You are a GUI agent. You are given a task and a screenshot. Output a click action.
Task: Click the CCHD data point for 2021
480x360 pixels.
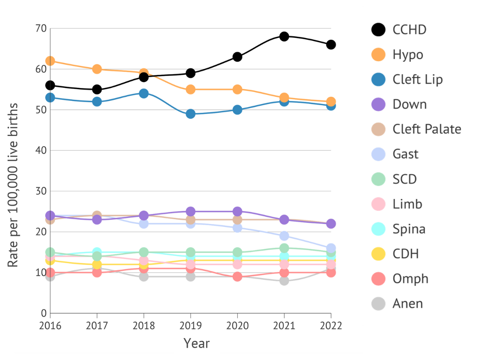coord(284,36)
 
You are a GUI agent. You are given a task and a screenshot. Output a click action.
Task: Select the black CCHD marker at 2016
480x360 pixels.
coord(50,85)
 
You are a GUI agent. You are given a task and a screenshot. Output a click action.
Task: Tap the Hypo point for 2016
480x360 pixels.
coord(50,61)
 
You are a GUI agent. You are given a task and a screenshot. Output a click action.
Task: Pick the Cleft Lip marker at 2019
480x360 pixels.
coord(190,114)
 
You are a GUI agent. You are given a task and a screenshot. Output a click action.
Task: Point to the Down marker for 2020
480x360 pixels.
coord(237,211)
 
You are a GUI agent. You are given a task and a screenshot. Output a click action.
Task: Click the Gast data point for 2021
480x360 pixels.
coord(284,236)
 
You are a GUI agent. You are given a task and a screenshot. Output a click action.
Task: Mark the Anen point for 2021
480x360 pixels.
coord(284,280)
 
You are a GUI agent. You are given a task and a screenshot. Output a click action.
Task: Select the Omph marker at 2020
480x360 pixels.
coord(237,276)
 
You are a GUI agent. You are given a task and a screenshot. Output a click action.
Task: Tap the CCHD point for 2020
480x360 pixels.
coord(237,57)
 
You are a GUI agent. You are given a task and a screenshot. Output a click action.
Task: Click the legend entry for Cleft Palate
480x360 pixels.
coord(426,129)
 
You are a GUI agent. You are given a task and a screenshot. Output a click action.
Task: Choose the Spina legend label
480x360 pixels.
coord(409,229)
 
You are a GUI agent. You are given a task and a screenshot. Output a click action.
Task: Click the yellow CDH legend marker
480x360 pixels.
coord(378,254)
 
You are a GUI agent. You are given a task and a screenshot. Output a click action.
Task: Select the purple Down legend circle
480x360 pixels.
coord(378,104)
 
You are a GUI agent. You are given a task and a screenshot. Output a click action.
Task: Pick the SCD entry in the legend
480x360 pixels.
coord(404,179)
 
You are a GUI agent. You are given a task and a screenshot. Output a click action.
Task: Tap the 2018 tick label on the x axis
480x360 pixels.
coord(144,326)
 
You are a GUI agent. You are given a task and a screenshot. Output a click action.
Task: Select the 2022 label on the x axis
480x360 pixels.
coord(331,326)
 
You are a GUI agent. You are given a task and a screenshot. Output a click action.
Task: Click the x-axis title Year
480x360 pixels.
coord(196,343)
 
